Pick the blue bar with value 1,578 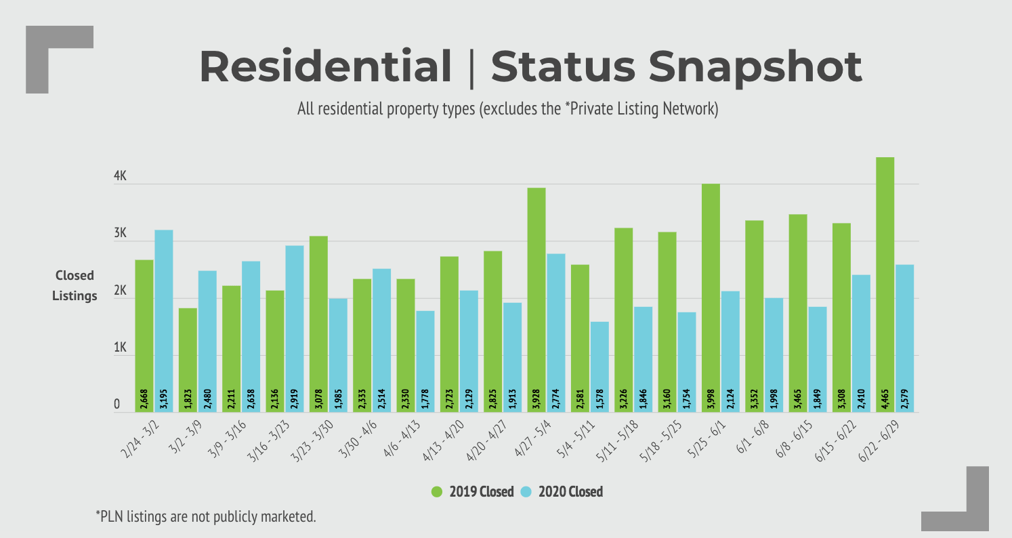pyautogui.click(x=599, y=367)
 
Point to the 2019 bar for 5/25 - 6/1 pyautogui.click(x=711, y=297)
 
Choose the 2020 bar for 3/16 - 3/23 pyautogui.click(x=295, y=329)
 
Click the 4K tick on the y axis pyautogui.click(x=121, y=176)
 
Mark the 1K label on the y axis pyautogui.click(x=121, y=348)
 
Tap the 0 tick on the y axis pyautogui.click(x=117, y=405)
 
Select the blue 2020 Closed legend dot pyautogui.click(x=526, y=492)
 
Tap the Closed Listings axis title pyautogui.click(x=75, y=285)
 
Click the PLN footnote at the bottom pyautogui.click(x=205, y=516)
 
